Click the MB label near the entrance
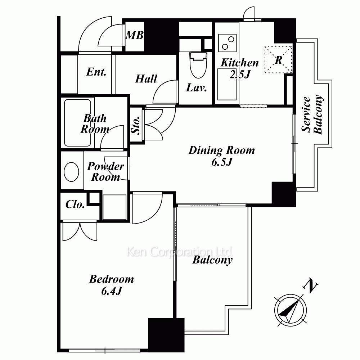click(135, 35)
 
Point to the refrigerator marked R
click(278, 60)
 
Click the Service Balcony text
click(312, 115)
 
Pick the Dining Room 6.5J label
click(221, 156)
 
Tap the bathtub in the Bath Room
click(77, 122)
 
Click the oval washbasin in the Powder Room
click(71, 171)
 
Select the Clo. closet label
click(75, 204)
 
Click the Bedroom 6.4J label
click(111, 284)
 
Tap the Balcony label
click(212, 260)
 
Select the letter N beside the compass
click(311, 287)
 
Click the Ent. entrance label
click(96, 72)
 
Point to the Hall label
click(146, 78)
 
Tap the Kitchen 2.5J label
click(239, 68)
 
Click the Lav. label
click(196, 87)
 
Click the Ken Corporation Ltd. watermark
click(180, 252)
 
